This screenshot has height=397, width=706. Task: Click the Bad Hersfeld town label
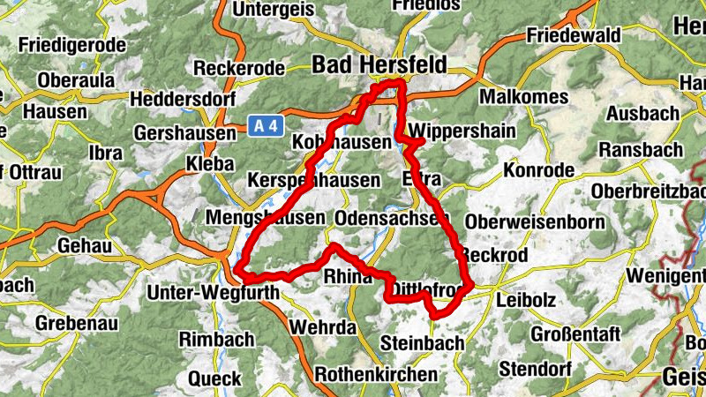[x=379, y=64]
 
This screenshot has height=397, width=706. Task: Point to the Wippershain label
[x=462, y=129]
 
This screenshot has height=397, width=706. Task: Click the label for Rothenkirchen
[x=375, y=374]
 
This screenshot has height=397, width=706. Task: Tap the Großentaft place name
[x=576, y=334]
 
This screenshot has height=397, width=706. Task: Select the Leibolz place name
[x=526, y=300]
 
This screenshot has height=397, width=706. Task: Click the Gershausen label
[x=185, y=132]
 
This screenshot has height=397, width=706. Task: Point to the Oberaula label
[x=76, y=79]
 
